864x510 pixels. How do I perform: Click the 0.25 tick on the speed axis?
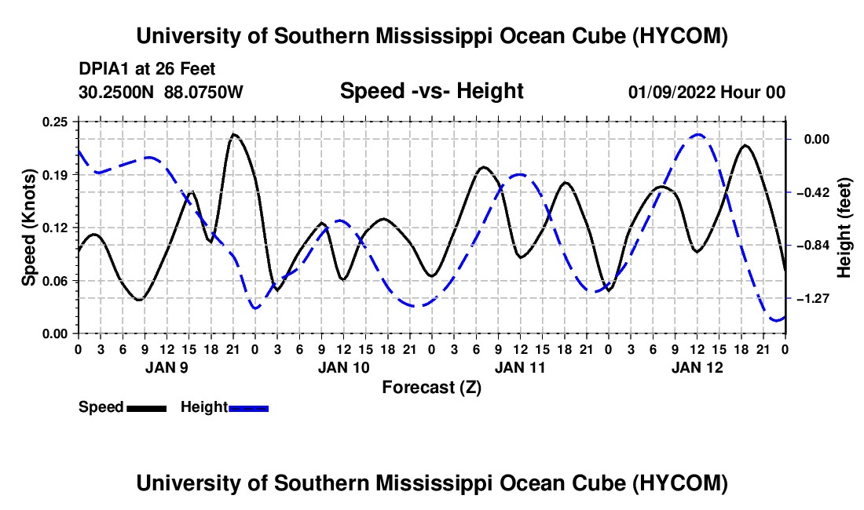pos(55,122)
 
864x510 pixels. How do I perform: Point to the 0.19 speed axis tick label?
pos(55,175)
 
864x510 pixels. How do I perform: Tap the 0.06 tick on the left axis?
pos(55,281)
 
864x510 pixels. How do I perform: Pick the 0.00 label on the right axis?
pos(817,140)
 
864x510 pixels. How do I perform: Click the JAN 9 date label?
pos(167,367)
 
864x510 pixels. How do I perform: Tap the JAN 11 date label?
pos(520,367)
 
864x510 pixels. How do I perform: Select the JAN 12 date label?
pos(697,367)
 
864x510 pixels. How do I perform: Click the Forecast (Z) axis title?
pos(431,388)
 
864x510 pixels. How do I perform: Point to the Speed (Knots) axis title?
pos(28,228)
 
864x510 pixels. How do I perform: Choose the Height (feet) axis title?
pos(844,228)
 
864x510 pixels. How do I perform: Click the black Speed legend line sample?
pos(147,408)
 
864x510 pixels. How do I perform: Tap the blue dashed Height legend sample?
pos(248,408)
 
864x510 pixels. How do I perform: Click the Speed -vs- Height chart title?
pos(431,91)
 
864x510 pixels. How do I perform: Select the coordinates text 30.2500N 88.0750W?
pos(161,92)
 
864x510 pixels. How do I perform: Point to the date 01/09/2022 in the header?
pos(671,92)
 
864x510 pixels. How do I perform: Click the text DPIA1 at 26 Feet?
pos(147,69)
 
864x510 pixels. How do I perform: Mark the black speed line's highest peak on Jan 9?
pos(233,133)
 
